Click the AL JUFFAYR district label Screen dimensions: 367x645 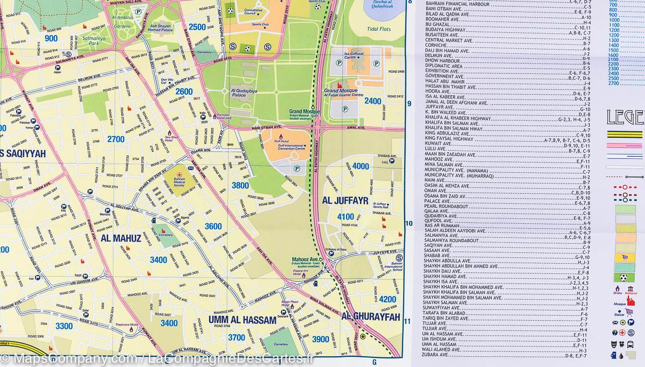click(345, 201)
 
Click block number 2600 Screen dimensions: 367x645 click(183, 91)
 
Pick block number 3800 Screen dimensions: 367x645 click(240, 186)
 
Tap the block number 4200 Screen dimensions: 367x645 click(387, 299)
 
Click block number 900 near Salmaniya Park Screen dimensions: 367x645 click(52, 38)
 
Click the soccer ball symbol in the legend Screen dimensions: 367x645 click(623, 278)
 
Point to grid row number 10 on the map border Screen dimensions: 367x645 click(408, 224)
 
